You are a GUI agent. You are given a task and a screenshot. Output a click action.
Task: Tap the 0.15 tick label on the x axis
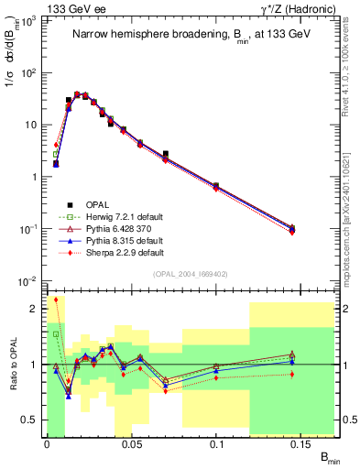point(303,445)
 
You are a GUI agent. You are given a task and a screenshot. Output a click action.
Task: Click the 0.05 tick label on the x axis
point(132,445)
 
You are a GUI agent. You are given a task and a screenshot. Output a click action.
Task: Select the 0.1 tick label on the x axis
point(218,445)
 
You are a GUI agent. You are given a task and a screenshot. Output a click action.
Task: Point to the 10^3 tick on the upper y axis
point(28,20)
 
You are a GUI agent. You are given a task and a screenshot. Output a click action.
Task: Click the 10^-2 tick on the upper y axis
point(28,280)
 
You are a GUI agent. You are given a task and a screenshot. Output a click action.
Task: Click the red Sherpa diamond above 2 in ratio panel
point(56,300)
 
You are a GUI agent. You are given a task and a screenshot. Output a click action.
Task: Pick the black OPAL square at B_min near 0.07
point(165,154)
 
